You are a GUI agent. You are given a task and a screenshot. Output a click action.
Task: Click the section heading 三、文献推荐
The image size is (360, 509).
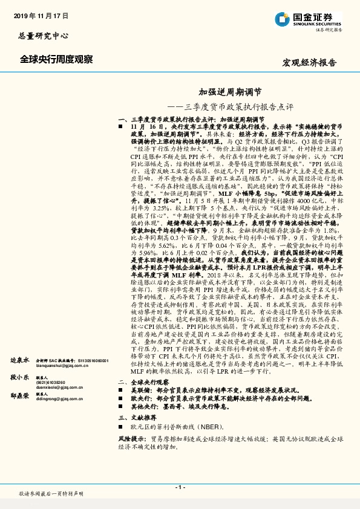pos(137,418)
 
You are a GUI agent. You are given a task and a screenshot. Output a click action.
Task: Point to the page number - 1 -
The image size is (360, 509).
pos(179,486)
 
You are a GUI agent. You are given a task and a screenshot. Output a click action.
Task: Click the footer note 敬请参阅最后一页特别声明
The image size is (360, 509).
pos(51,494)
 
